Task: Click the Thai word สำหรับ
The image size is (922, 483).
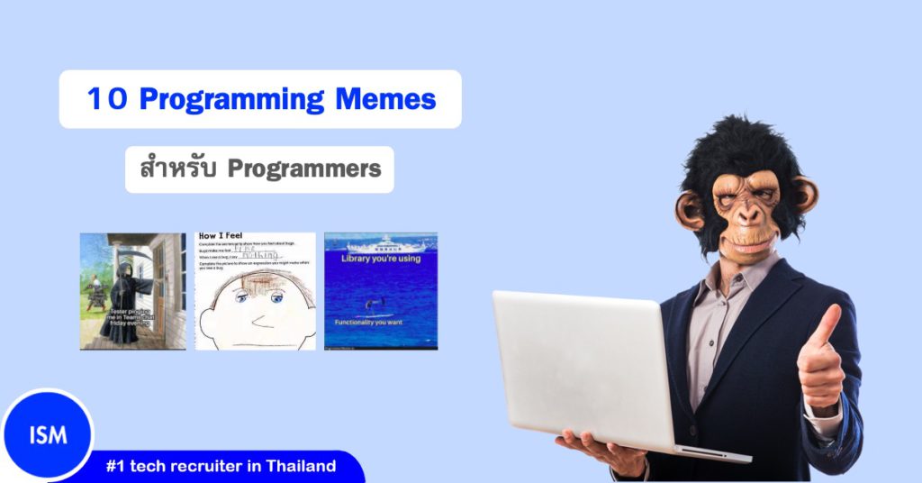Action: point(178,169)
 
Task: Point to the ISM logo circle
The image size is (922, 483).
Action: point(47,435)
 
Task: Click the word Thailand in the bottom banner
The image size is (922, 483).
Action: point(296,467)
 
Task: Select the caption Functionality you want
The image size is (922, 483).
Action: point(380,322)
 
